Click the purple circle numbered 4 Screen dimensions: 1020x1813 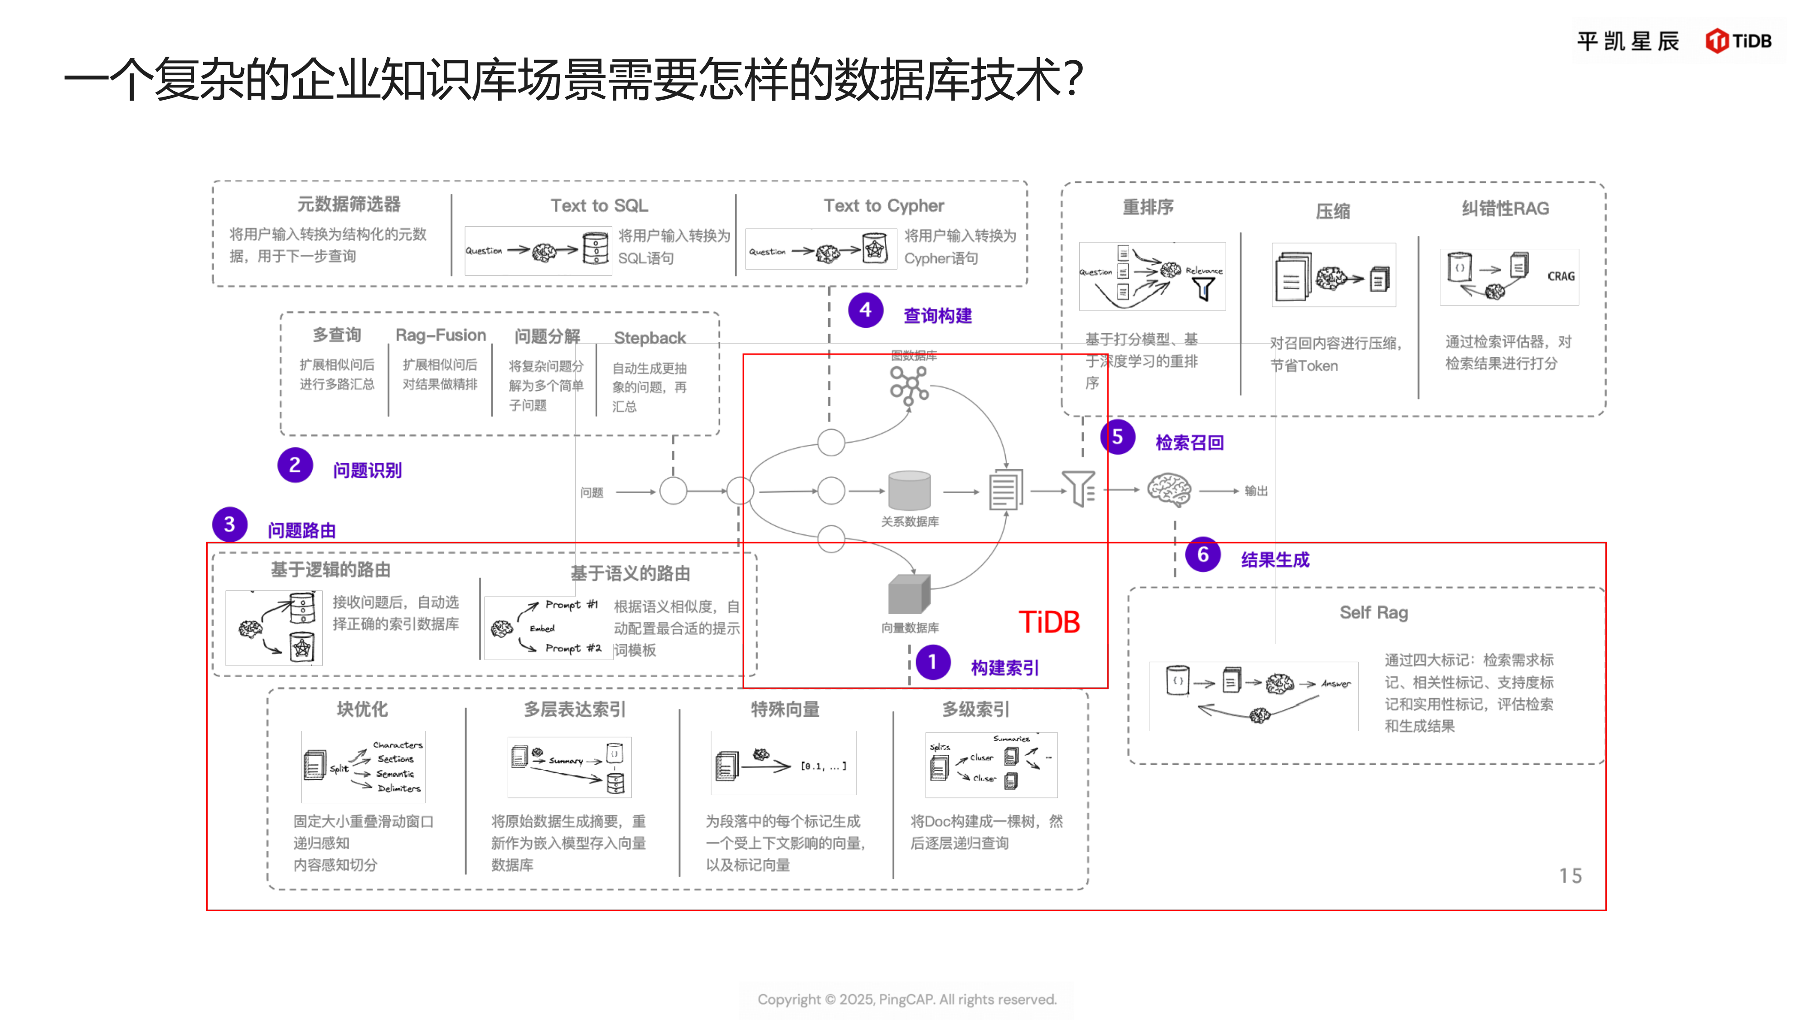coord(865,311)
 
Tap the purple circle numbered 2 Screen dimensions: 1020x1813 coord(295,465)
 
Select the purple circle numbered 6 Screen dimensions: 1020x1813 coord(1203,555)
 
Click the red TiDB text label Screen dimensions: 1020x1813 coord(1049,622)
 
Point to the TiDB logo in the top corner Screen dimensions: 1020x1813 coord(1738,41)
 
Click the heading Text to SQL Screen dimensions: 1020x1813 coord(599,205)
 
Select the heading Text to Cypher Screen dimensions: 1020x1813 coord(883,205)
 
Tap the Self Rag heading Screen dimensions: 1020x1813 coord(1373,612)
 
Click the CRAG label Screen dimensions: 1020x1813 coord(1561,277)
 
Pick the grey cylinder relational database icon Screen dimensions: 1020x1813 coord(909,490)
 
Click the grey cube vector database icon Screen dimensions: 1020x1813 coord(909,594)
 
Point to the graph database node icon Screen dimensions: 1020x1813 coord(909,385)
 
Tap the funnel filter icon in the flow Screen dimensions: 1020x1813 coord(1079,489)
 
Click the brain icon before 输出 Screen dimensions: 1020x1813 coord(1169,490)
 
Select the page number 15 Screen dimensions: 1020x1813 coord(1570,876)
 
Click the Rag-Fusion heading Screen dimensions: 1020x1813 coord(441,335)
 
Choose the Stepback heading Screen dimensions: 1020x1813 coord(650,338)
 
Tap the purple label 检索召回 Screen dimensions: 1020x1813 coord(1189,443)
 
